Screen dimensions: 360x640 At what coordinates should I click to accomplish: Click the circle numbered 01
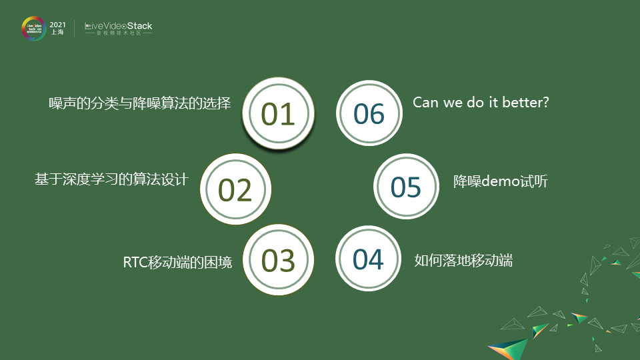(278, 114)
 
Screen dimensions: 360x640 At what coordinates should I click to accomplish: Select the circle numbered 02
(235, 190)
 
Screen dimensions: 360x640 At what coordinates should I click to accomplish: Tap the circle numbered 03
(278, 260)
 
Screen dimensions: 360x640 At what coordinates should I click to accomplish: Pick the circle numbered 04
(369, 259)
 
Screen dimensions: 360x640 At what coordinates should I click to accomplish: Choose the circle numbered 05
(406, 187)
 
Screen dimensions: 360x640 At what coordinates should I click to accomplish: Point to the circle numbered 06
(369, 114)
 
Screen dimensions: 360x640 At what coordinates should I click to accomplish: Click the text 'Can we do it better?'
(481, 103)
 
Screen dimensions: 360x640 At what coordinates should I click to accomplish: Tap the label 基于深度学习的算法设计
(111, 180)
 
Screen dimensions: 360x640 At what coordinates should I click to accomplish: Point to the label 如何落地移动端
(463, 260)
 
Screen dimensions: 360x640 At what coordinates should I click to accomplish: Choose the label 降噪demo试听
(501, 181)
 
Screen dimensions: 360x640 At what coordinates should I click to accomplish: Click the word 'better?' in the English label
(526, 103)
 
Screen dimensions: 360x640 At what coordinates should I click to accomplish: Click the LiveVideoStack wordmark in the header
(119, 26)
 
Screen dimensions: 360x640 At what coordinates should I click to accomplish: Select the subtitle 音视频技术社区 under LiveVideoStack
(119, 33)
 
